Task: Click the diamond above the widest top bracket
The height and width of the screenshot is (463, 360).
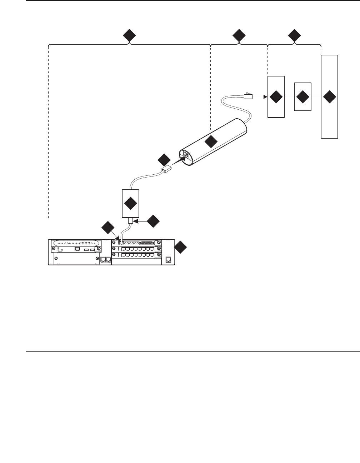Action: coord(129,36)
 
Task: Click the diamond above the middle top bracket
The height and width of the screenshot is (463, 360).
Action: coord(239,36)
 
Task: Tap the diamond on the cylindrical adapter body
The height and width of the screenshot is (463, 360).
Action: coord(211,141)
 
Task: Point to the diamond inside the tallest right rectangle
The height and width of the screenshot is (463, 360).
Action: coord(329,97)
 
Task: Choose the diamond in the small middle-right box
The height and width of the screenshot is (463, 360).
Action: coord(302,97)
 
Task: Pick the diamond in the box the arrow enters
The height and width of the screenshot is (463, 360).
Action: coord(276,97)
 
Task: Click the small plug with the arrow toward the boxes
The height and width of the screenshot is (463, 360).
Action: coord(249,96)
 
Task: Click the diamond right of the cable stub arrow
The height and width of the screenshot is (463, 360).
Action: coord(153,221)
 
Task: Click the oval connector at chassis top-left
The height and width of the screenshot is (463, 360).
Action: coord(76,242)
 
